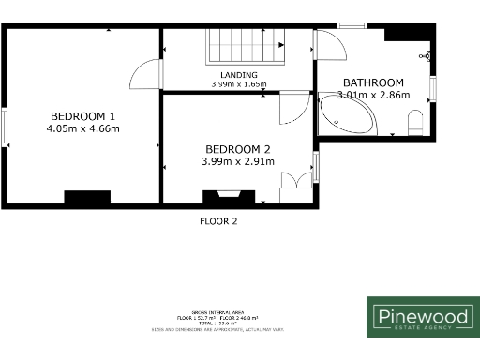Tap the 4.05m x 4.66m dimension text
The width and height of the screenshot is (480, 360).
[83, 128]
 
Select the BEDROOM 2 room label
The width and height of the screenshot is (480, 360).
[239, 149]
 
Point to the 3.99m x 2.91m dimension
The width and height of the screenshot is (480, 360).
[239, 161]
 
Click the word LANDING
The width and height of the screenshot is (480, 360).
[239, 75]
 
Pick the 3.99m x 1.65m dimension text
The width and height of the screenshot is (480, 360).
[239, 84]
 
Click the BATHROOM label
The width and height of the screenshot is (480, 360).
[373, 82]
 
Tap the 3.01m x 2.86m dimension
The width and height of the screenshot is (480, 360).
[373, 95]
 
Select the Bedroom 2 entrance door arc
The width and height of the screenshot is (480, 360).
[291, 109]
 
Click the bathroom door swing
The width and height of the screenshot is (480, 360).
[327, 47]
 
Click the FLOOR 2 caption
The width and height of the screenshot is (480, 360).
[219, 222]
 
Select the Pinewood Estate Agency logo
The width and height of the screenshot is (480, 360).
[422, 317]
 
